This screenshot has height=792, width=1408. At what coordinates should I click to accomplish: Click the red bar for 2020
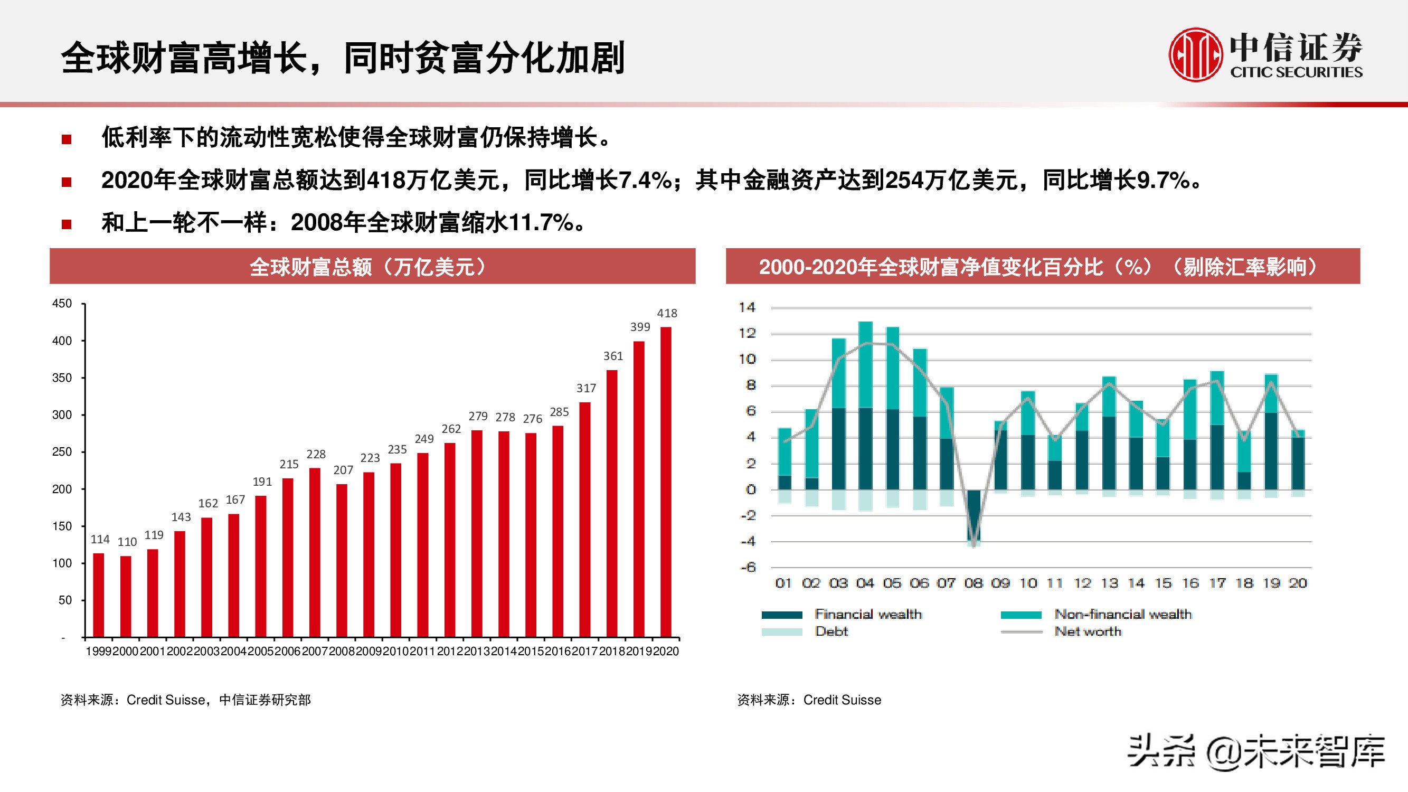[666, 481]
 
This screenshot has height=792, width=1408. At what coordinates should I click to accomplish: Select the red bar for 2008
[342, 560]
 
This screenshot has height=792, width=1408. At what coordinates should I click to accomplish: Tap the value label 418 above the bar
[667, 313]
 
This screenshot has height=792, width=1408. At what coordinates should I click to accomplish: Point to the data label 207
[343, 470]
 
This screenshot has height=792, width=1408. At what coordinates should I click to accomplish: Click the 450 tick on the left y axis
[62, 304]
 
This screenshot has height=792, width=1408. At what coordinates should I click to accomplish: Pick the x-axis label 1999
[98, 651]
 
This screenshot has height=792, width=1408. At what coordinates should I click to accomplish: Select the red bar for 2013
[477, 533]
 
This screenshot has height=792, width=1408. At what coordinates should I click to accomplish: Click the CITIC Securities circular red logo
[1195, 55]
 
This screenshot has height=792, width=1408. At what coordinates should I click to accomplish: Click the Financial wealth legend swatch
[782, 615]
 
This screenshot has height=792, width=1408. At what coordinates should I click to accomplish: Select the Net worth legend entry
[1088, 631]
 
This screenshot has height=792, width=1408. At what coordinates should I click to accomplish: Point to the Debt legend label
[831, 631]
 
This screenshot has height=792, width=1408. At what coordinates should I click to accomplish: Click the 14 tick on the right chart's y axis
[746, 308]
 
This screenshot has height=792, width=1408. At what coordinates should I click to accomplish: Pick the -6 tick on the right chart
[748, 568]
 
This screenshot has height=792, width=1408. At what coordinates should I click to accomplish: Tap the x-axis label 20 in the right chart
[1298, 583]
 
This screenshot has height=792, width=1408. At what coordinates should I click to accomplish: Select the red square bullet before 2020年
[67, 182]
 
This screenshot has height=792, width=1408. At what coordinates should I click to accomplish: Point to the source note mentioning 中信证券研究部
[186, 700]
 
